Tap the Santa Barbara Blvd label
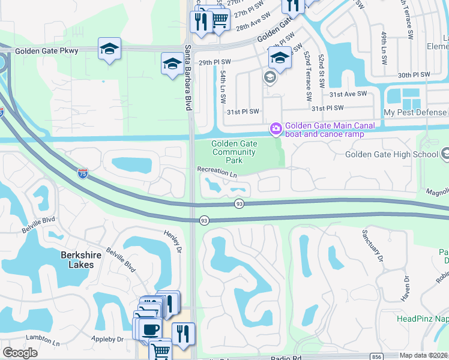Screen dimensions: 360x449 tap(188, 77)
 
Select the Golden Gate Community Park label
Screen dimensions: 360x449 tap(234, 152)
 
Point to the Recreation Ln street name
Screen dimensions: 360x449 tap(217, 170)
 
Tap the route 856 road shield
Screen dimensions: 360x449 tap(377, 356)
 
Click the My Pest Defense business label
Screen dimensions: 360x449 tap(415, 112)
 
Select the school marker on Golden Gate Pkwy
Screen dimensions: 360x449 tap(109, 49)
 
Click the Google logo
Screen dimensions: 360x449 tap(20, 353)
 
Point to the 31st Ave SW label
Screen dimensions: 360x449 tap(348, 94)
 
